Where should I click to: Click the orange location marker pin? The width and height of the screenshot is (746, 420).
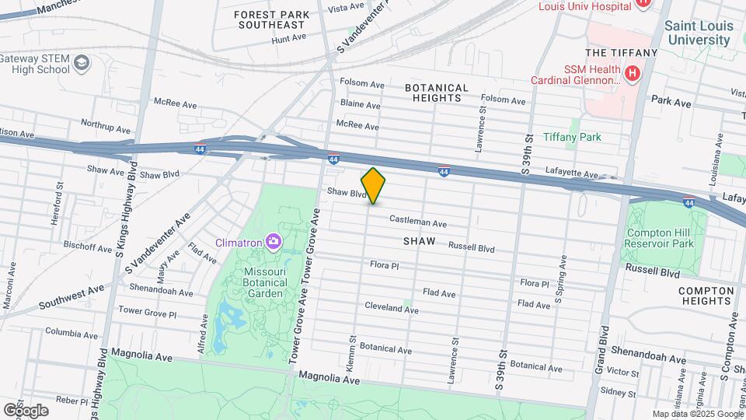373,186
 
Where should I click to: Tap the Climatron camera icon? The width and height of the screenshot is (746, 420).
273,241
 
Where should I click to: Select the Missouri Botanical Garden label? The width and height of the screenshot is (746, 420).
266,277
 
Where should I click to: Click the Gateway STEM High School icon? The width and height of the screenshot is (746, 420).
82,63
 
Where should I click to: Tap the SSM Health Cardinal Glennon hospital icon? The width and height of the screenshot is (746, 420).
633,74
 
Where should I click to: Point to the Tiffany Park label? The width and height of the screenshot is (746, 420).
572,137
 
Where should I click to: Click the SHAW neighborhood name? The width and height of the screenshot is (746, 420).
419,242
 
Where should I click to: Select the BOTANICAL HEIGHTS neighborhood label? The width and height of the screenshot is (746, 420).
437,93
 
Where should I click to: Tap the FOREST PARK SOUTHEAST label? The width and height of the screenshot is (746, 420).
271,19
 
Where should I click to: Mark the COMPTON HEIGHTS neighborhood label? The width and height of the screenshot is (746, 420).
706,297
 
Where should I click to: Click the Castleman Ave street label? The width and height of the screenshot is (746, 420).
418,222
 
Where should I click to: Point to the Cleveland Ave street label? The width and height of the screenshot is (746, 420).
392,309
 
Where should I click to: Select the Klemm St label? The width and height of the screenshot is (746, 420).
351,352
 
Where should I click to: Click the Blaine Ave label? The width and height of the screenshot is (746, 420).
360,105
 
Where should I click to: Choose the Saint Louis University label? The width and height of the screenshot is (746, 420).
699,32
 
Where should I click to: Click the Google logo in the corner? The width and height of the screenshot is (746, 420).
26,410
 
